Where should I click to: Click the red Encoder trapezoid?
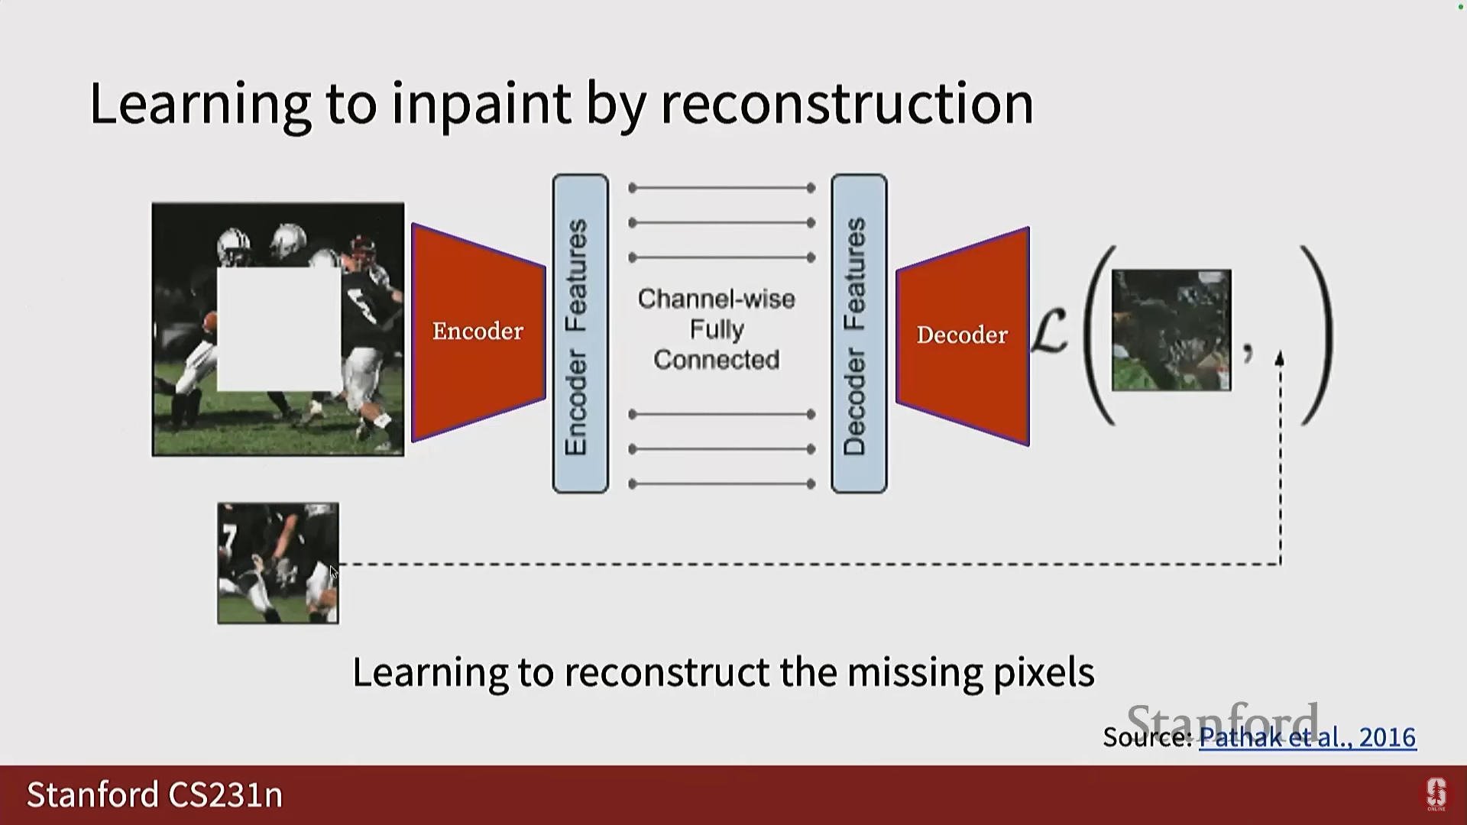pos(478,332)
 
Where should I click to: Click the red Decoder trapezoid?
pos(963,335)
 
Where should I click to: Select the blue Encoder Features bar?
pos(581,334)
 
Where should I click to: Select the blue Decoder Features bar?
pos(859,334)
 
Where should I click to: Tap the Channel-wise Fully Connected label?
pos(717,329)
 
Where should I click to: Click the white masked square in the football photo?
pos(279,328)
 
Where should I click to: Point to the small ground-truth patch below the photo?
pos(278,563)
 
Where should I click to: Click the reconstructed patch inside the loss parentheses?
pos(1171,330)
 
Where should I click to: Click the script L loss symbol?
pos(1050,332)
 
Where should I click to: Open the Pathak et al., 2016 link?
pos(1307,737)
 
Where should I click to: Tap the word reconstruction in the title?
pos(847,103)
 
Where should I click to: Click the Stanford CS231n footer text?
pos(155,795)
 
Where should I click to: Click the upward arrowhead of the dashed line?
pos(1280,358)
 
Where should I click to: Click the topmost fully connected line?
pos(721,188)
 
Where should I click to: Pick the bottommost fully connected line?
pos(721,484)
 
